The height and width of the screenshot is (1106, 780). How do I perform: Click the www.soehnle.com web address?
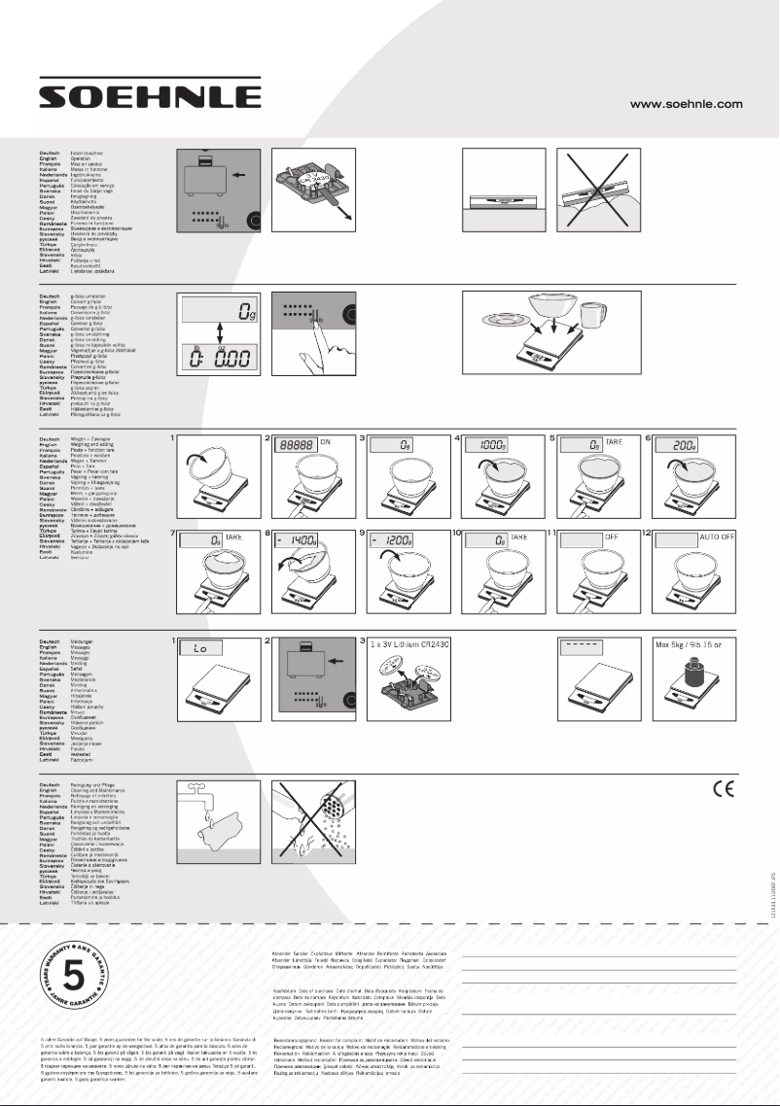click(687, 103)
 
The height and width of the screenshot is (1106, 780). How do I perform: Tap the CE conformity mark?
click(721, 789)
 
